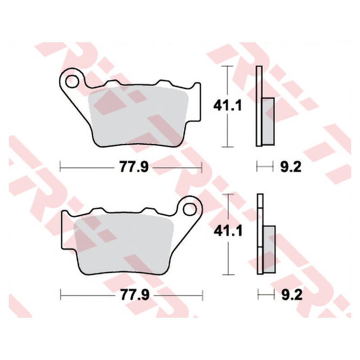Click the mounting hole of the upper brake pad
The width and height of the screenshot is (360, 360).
point(72,81)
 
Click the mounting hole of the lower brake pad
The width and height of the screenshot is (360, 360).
point(189,209)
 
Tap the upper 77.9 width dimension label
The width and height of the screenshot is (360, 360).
point(134,167)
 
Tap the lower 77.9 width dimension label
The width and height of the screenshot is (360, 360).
point(135,295)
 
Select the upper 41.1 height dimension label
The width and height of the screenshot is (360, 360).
point(227,106)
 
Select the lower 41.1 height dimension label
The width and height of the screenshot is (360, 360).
point(228,231)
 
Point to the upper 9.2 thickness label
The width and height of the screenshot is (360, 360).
point(291,167)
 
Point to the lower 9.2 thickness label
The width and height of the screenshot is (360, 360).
point(292,295)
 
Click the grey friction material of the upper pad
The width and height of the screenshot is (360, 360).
point(138,116)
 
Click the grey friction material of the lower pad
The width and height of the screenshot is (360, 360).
point(123,244)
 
